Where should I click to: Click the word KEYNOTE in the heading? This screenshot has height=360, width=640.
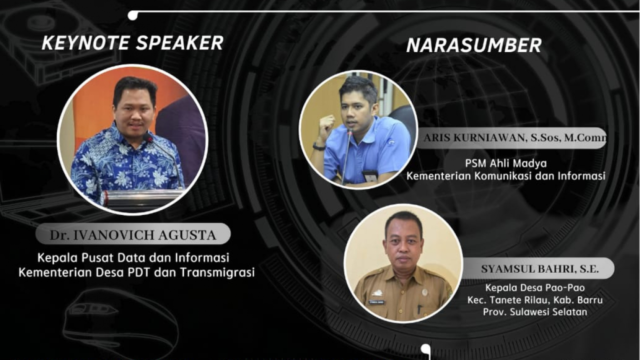coord(85,43)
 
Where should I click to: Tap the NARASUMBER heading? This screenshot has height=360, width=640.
coord(473,45)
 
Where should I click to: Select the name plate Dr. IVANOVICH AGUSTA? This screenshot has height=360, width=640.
coord(133,233)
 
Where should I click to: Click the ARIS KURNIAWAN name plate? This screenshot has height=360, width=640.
coord(511,138)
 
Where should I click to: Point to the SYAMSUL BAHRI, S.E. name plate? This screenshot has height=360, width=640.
coord(537,268)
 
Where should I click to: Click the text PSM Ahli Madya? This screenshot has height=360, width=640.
coord(505,163)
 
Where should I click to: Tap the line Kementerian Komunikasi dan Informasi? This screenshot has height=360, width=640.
coord(505,176)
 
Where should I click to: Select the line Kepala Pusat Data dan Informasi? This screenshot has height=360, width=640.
coord(133,257)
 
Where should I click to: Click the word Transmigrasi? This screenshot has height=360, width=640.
coord(217,272)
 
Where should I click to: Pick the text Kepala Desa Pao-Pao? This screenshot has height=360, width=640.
coord(535,287)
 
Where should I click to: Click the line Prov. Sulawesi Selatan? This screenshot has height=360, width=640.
coord(535,311)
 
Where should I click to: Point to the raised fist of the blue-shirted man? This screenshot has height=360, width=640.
coord(327,124)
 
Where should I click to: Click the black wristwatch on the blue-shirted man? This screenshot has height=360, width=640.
coord(319,147)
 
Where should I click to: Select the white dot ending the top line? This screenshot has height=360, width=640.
coord(132,15)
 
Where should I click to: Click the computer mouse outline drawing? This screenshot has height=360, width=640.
coord(120,323)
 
